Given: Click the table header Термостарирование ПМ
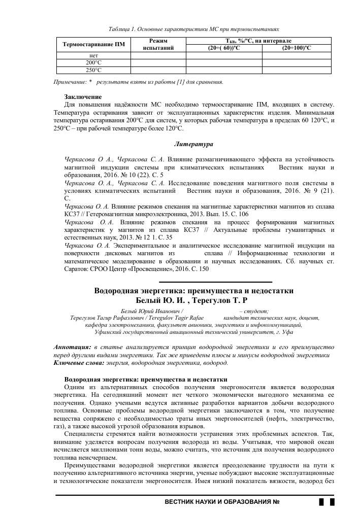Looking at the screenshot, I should [93, 45].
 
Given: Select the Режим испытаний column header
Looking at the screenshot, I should [158, 45].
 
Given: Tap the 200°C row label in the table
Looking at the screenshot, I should [93, 62].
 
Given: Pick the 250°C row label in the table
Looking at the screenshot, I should [93, 70].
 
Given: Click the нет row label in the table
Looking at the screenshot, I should [93, 55].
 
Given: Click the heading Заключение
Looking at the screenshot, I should [83, 97].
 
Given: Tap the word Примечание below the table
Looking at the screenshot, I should [70, 82].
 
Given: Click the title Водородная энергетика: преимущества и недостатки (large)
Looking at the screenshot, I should [194, 291].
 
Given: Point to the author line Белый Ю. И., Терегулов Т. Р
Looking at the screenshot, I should [194, 300].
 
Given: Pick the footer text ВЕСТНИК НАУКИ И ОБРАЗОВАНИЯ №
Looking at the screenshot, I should [223, 502].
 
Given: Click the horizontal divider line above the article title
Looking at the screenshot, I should [216, 282].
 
